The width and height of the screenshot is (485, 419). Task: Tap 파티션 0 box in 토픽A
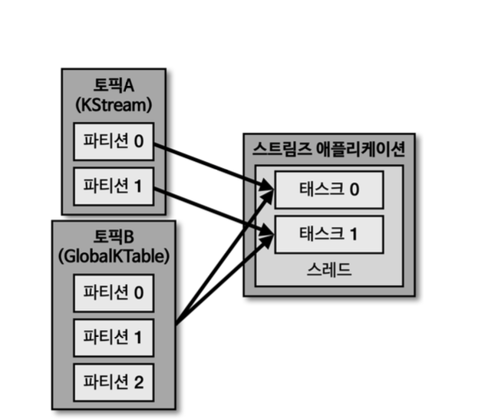pos(113,142)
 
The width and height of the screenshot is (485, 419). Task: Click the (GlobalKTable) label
pos(113,256)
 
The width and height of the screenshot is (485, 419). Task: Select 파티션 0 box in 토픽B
pos(113,292)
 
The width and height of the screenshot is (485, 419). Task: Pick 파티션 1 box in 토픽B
pos(113,336)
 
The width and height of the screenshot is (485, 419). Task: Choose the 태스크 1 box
pos(329,234)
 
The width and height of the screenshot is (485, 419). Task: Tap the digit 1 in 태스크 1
pos(353,234)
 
